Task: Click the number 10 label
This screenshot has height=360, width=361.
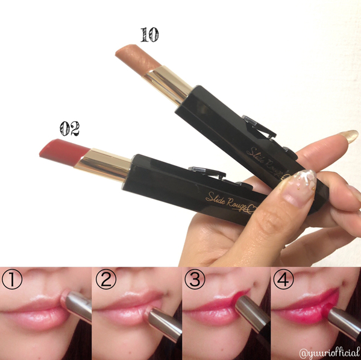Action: click(149, 35)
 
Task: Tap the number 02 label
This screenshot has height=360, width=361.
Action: click(69, 128)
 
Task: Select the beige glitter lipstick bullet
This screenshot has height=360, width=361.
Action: click(137, 59)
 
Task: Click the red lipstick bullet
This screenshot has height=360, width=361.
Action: click(64, 152)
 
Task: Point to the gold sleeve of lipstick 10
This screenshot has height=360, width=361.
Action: click(168, 85)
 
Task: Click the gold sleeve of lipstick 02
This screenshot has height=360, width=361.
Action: click(102, 165)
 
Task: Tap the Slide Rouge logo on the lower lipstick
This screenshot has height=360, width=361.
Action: click(231, 203)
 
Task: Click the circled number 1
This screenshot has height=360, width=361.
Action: click(12, 279)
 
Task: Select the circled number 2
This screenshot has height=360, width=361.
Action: click(106, 279)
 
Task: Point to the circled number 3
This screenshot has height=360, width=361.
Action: click(195, 279)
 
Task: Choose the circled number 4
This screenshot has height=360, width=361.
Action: click(283, 279)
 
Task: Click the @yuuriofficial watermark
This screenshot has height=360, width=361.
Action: click(330, 353)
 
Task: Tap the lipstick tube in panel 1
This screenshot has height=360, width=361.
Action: click(77, 305)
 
